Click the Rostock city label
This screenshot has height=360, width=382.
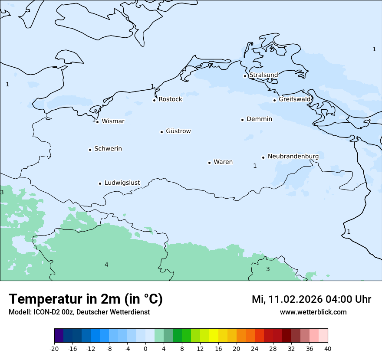pyautogui.click(x=170, y=99)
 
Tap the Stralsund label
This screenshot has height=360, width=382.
pyautogui.click(x=263, y=75)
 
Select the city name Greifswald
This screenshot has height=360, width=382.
pyautogui.click(x=295, y=99)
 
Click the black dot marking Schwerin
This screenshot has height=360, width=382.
pyautogui.click(x=90, y=150)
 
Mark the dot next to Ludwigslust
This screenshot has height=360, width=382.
pyautogui.click(x=100, y=183)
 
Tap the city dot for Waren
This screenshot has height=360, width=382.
pyautogui.click(x=209, y=163)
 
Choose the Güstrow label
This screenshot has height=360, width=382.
pyautogui.click(x=178, y=131)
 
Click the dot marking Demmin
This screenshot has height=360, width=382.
pyautogui.click(x=242, y=120)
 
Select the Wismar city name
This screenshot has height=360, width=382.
pyautogui.click(x=113, y=121)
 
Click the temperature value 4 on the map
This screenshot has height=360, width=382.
pyautogui.click(x=106, y=265)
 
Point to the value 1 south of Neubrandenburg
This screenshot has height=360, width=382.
pyautogui.click(x=255, y=166)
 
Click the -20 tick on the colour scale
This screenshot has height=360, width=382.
pyautogui.click(x=54, y=349)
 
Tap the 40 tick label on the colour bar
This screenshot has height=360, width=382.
pyautogui.click(x=328, y=349)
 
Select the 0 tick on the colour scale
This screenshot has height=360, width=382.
pyautogui.click(x=145, y=349)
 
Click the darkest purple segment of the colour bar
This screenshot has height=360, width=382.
pyautogui.click(x=59, y=336)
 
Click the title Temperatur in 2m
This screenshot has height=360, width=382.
pyautogui.click(x=86, y=299)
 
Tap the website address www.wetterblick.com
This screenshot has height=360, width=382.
pyautogui.click(x=313, y=312)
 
